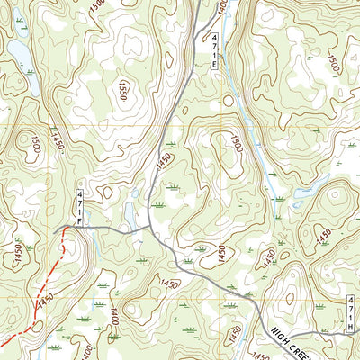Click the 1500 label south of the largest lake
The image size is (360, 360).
(x=31, y=143)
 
